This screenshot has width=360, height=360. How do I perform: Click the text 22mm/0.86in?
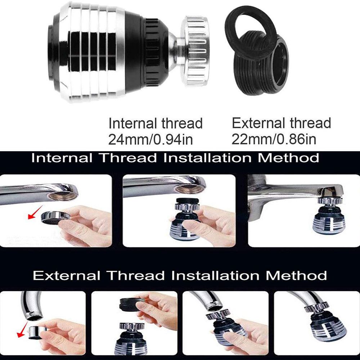(274, 139)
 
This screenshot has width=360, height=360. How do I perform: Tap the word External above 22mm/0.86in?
(255, 123)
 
